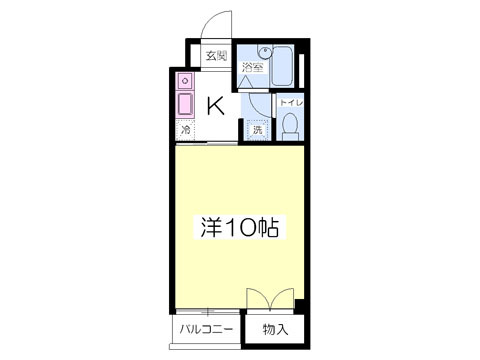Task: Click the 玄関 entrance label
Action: (x=216, y=56)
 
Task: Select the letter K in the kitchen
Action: (x=214, y=105)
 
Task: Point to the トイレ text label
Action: (x=290, y=102)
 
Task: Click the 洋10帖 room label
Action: (x=237, y=227)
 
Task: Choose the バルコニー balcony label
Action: (x=207, y=328)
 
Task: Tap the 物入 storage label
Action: (x=276, y=328)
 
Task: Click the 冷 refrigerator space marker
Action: (x=185, y=130)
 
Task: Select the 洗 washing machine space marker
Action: (x=256, y=129)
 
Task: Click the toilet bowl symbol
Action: (x=290, y=125)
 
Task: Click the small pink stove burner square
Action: (x=185, y=79)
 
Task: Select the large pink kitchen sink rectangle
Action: (x=185, y=103)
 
